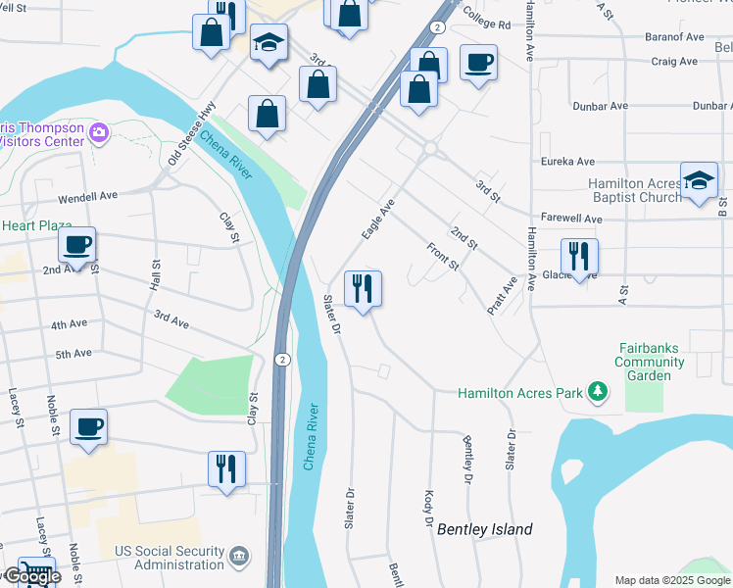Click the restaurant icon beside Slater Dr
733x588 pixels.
(x=364, y=289)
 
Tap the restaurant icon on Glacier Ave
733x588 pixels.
(x=579, y=257)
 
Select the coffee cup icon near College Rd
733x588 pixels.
(x=477, y=63)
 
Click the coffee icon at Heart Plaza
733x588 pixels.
(x=76, y=245)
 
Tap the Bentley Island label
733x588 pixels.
(x=485, y=529)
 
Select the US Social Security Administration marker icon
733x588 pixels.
(x=238, y=558)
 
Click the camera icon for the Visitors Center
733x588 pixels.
(x=98, y=132)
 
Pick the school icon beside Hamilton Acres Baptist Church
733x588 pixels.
(x=699, y=180)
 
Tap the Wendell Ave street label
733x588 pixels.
(x=87, y=195)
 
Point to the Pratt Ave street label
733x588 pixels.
(x=503, y=295)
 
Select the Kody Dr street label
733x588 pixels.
(x=428, y=508)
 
